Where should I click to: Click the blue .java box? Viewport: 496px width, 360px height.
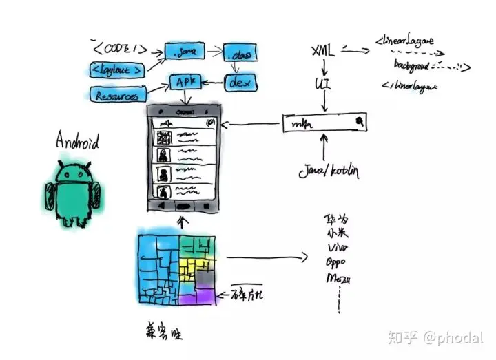point(180,51)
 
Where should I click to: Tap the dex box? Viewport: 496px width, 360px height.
point(240,83)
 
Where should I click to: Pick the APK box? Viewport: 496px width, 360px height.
point(185,83)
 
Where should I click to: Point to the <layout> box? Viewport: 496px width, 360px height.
point(119,69)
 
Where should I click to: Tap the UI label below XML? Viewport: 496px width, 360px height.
point(322,83)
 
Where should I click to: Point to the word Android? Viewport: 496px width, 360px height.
point(77,143)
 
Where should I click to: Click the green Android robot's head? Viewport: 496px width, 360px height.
point(74,172)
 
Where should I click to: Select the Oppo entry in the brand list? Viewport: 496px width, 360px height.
point(335,264)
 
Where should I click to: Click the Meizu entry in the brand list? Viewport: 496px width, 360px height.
point(338,279)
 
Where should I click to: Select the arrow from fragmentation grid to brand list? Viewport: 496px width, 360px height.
point(265,258)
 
